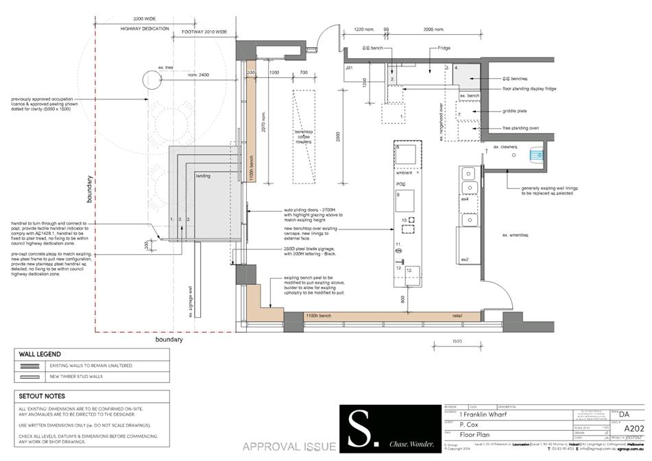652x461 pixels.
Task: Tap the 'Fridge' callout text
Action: pos(444,49)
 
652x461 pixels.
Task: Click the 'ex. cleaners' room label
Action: pos(505,147)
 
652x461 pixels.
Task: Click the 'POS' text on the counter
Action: pos(402,185)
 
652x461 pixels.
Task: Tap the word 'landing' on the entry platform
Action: pos(203,176)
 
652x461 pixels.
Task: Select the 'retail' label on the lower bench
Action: pos(457,315)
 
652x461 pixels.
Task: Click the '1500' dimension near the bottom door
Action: pos(456,340)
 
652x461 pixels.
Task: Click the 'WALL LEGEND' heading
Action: pos(41,354)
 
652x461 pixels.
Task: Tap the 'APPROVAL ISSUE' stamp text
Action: pos(289,447)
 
